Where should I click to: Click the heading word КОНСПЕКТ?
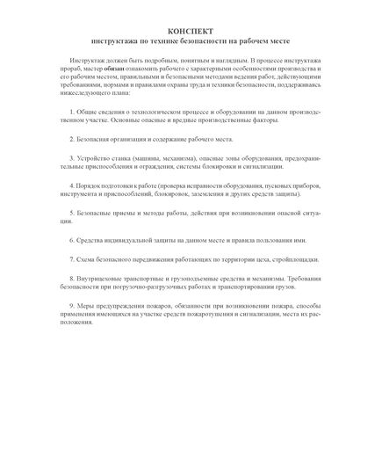pos(191,30)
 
